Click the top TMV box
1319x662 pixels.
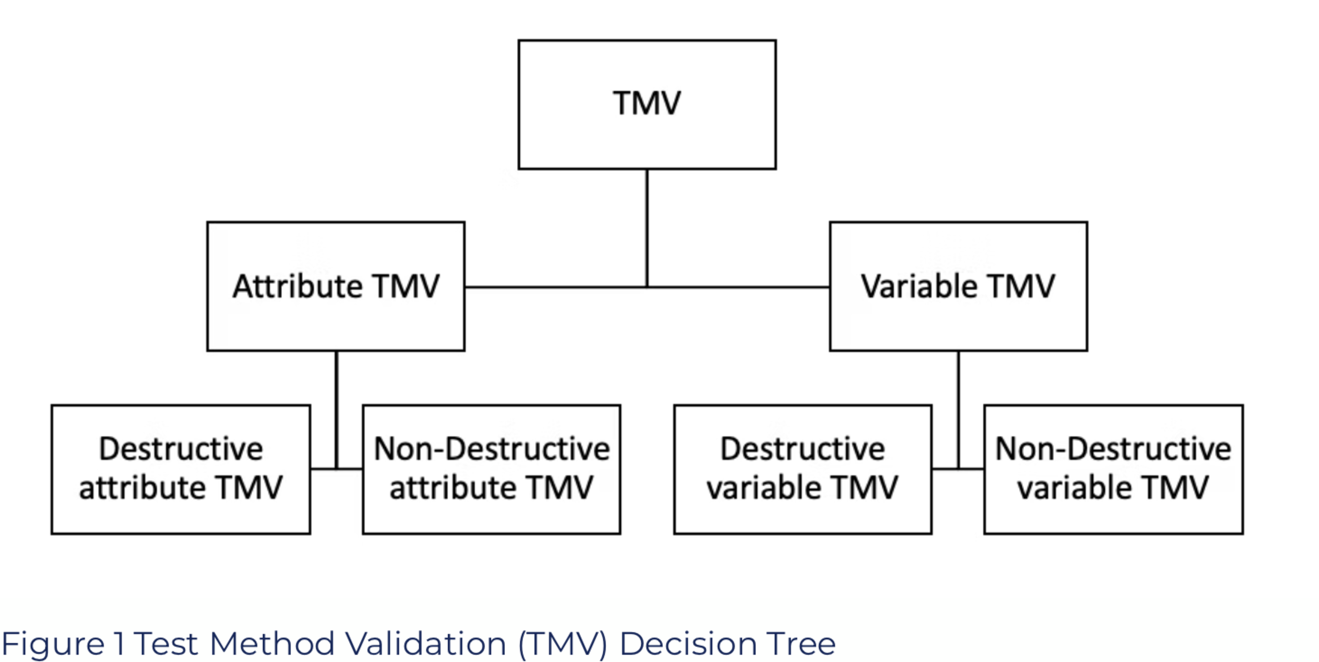(x=647, y=105)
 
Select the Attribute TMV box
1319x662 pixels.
(x=336, y=286)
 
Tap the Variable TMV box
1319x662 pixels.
(x=958, y=286)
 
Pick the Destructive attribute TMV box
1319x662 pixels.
(x=181, y=469)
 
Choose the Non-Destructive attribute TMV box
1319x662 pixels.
(x=492, y=469)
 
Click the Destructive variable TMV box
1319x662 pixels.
(x=802, y=469)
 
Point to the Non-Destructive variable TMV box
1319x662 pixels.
(x=1113, y=469)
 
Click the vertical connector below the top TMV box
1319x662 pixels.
(x=647, y=228)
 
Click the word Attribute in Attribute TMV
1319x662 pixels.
(x=297, y=286)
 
